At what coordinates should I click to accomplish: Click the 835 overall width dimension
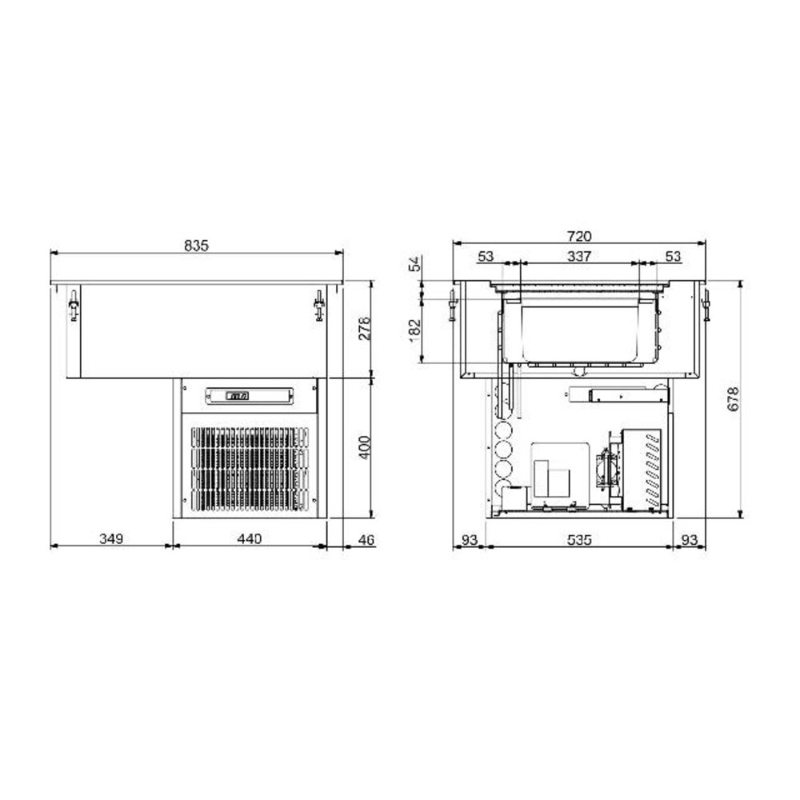(198, 246)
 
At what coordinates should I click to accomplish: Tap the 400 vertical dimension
(365, 447)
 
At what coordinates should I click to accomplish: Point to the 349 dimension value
(110, 539)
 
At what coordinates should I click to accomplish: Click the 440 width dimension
(250, 539)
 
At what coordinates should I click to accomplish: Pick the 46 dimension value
(366, 539)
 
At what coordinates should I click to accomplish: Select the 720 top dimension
(578, 236)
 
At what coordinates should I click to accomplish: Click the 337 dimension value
(578, 256)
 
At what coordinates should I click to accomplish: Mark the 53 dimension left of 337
(486, 256)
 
